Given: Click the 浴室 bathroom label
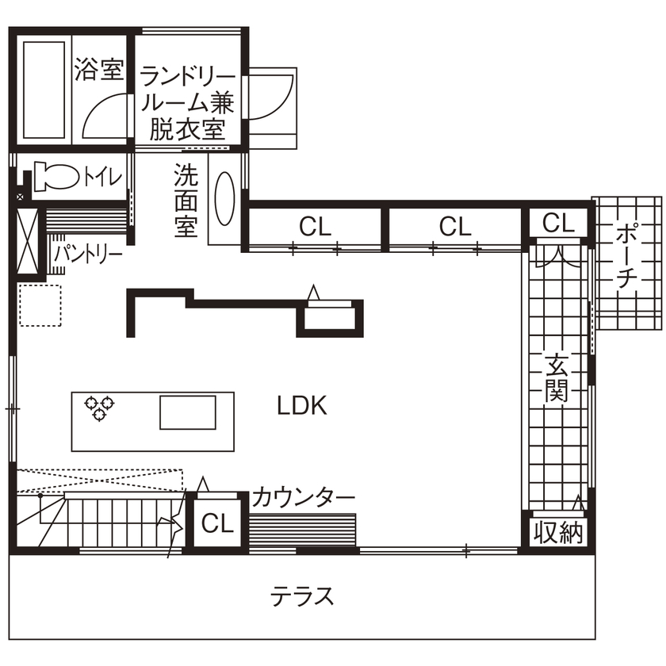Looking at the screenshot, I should (x=99, y=70).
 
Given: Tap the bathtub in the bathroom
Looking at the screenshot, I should (x=43, y=89).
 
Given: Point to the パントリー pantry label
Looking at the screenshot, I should (x=88, y=255).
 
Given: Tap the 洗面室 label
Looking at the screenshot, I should (x=186, y=200).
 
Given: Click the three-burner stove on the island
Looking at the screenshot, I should (x=99, y=408).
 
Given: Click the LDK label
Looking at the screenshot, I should (x=302, y=406).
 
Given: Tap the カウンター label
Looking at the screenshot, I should (x=304, y=499).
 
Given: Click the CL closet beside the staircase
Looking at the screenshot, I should (x=216, y=524).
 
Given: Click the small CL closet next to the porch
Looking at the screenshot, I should (x=557, y=224).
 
